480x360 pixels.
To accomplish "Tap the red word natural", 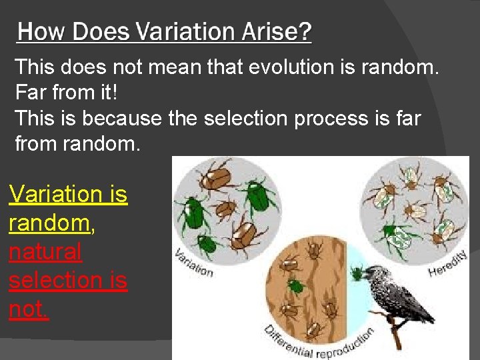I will pos(45,251).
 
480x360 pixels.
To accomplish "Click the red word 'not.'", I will pos(29,309).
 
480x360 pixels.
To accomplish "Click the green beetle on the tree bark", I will pos(295,286).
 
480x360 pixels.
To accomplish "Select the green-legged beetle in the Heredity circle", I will pos(397,233).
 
